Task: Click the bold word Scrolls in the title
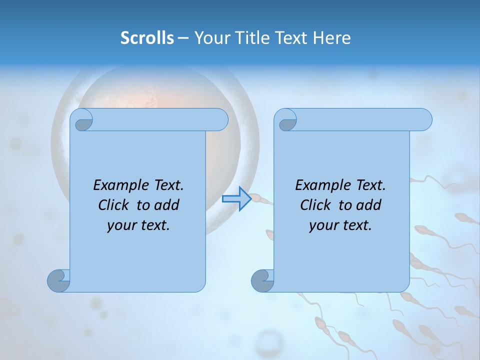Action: click(x=147, y=38)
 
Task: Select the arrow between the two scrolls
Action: click(x=236, y=199)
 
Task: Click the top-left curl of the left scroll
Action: click(x=82, y=120)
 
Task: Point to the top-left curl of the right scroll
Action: click(x=286, y=120)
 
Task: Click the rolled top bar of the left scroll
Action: click(x=155, y=120)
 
